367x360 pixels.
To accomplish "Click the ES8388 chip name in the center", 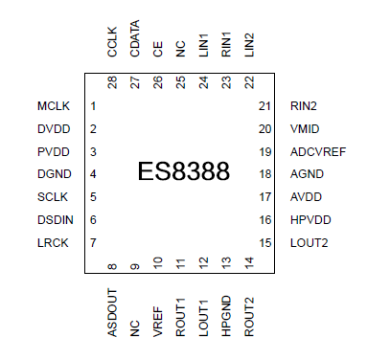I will tap(184, 172).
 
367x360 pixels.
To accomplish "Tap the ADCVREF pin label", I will tap(317, 151).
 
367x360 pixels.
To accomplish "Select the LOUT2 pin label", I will tap(309, 243).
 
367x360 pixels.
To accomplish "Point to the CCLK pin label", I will tap(112, 42).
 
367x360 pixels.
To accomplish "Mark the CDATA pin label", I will tap(135, 39).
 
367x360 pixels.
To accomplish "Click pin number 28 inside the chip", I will tap(112, 83).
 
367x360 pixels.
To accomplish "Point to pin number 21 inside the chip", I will tap(265, 105).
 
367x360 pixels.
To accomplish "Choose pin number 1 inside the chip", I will tap(93, 105).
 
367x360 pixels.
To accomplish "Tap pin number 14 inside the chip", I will tap(249, 261).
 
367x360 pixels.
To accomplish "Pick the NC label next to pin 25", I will tap(181, 49).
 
